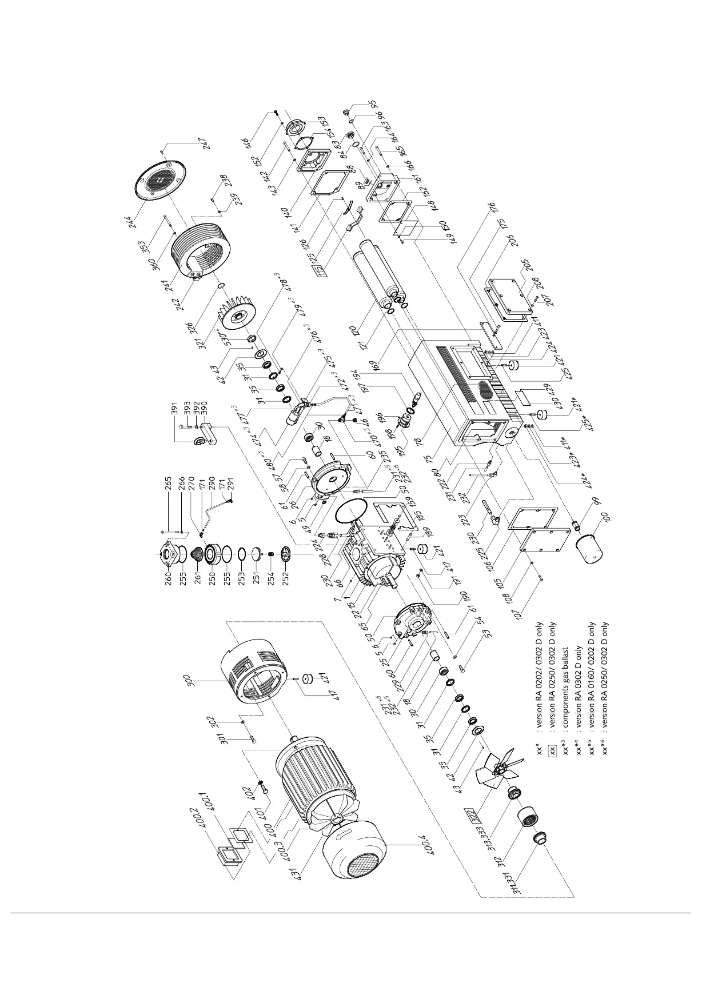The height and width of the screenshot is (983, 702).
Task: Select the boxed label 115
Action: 323,271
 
